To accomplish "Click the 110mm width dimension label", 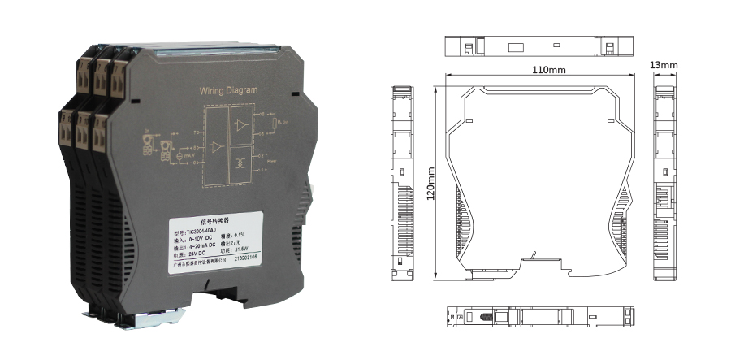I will pos(548,70).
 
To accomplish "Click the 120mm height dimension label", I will pos(432,184).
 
